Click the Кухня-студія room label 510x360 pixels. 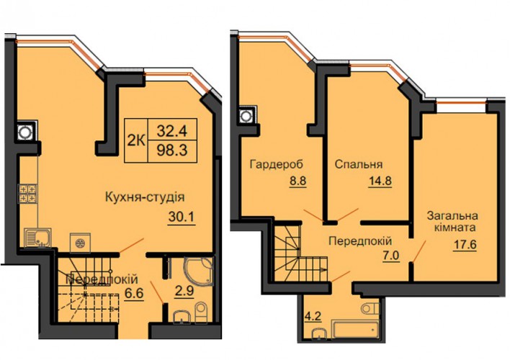coord(145,197)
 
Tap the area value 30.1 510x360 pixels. coord(182,217)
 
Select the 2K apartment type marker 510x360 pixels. coord(135,140)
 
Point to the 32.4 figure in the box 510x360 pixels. coord(172,130)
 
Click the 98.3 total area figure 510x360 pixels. coord(172,150)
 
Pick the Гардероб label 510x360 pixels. coord(276,165)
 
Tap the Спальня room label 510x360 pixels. coord(359,165)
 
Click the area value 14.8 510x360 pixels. coord(380,181)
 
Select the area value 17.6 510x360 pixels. coord(465,244)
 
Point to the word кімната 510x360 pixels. coord(455,227)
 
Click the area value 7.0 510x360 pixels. coord(390,256)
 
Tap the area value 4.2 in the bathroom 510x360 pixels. coord(313,316)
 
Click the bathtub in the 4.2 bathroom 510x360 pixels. coord(355,329)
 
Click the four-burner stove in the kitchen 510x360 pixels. coord(27,194)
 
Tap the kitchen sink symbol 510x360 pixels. coord(37,238)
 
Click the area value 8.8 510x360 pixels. coord(298,181)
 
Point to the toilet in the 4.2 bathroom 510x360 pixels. coord(370,307)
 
